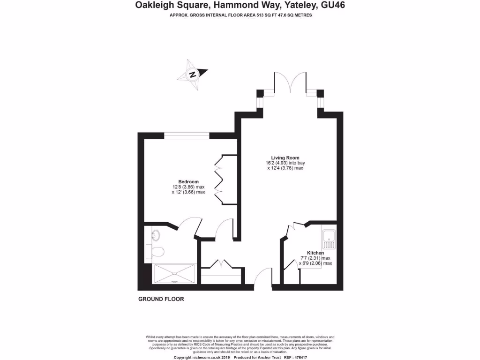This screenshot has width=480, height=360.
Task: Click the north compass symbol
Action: (x=192, y=74)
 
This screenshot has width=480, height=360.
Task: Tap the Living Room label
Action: (x=285, y=157)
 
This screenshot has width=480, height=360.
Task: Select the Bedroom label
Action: (x=188, y=181)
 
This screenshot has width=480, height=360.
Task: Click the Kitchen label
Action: (x=315, y=253)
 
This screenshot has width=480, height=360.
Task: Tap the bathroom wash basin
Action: (x=156, y=234)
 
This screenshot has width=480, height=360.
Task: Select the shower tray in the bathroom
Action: (x=174, y=273)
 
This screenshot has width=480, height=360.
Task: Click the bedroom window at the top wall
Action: (x=187, y=136)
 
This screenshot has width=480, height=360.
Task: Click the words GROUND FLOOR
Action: (x=161, y=299)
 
